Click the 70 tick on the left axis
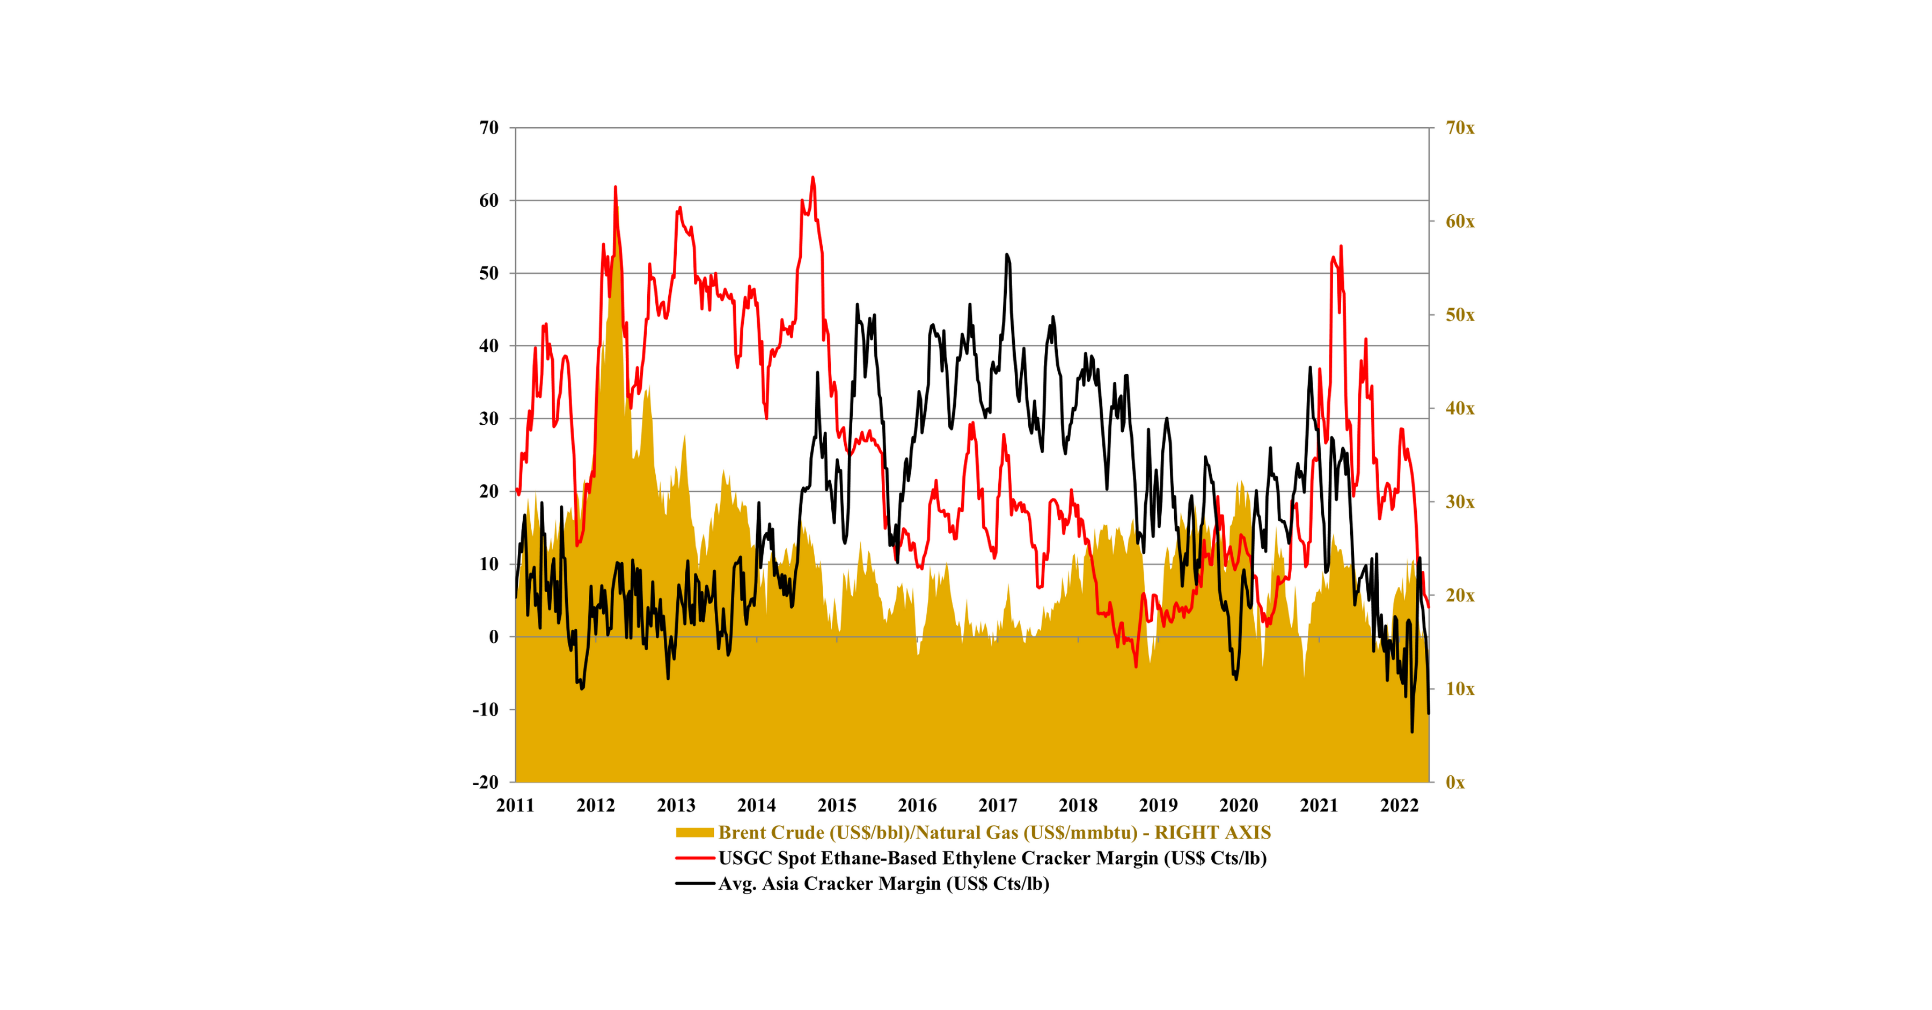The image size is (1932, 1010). pyautogui.click(x=489, y=128)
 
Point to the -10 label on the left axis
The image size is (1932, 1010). pyautogui.click(x=485, y=709)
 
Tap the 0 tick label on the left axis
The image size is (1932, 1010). pyautogui.click(x=494, y=637)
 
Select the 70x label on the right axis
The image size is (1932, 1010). pyautogui.click(x=1460, y=128)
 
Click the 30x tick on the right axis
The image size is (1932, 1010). pyautogui.click(x=1460, y=502)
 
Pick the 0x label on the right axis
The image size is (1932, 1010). pyautogui.click(x=1455, y=782)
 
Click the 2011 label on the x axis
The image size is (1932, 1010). pyautogui.click(x=515, y=805)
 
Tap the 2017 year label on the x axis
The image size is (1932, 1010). pyautogui.click(x=998, y=805)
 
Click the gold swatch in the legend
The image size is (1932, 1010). pyautogui.click(x=694, y=832)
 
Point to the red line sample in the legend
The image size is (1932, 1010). pyautogui.click(x=694, y=858)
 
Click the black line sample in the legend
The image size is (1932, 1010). pyautogui.click(x=694, y=883)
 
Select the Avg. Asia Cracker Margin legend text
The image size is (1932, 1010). pyautogui.click(x=883, y=883)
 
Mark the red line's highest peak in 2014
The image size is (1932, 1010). pyautogui.click(x=813, y=178)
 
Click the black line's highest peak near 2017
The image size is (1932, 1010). pyautogui.click(x=1006, y=255)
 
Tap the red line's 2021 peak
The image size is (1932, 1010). pyautogui.click(x=1341, y=246)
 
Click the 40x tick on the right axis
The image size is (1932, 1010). pyautogui.click(x=1460, y=408)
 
